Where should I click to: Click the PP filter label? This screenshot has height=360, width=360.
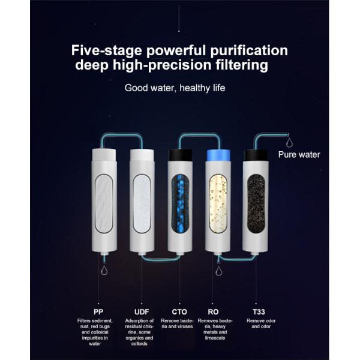click(98, 312)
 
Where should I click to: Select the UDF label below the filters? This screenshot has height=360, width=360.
click(142, 312)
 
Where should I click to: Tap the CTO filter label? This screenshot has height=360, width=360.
click(179, 312)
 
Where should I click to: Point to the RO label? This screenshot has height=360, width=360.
click(213, 312)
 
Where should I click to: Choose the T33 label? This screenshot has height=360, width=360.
click(259, 312)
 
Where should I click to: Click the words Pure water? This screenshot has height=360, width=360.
click(299, 155)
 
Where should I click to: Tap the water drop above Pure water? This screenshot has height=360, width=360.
click(290, 142)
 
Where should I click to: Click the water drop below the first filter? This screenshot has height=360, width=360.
click(104, 270)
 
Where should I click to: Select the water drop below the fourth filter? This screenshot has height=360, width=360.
click(218, 271)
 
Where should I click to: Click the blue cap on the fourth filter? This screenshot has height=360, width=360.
click(218, 155)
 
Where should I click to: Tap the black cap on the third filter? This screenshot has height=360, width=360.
click(180, 155)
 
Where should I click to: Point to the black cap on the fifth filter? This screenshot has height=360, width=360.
click(256, 155)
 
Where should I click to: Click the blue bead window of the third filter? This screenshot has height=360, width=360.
click(181, 203)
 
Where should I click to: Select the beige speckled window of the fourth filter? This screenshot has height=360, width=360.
click(218, 203)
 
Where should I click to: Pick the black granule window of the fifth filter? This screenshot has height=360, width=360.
click(256, 203)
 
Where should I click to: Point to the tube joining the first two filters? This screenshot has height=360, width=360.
click(122, 136)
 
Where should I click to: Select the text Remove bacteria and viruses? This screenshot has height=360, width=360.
click(177, 323)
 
